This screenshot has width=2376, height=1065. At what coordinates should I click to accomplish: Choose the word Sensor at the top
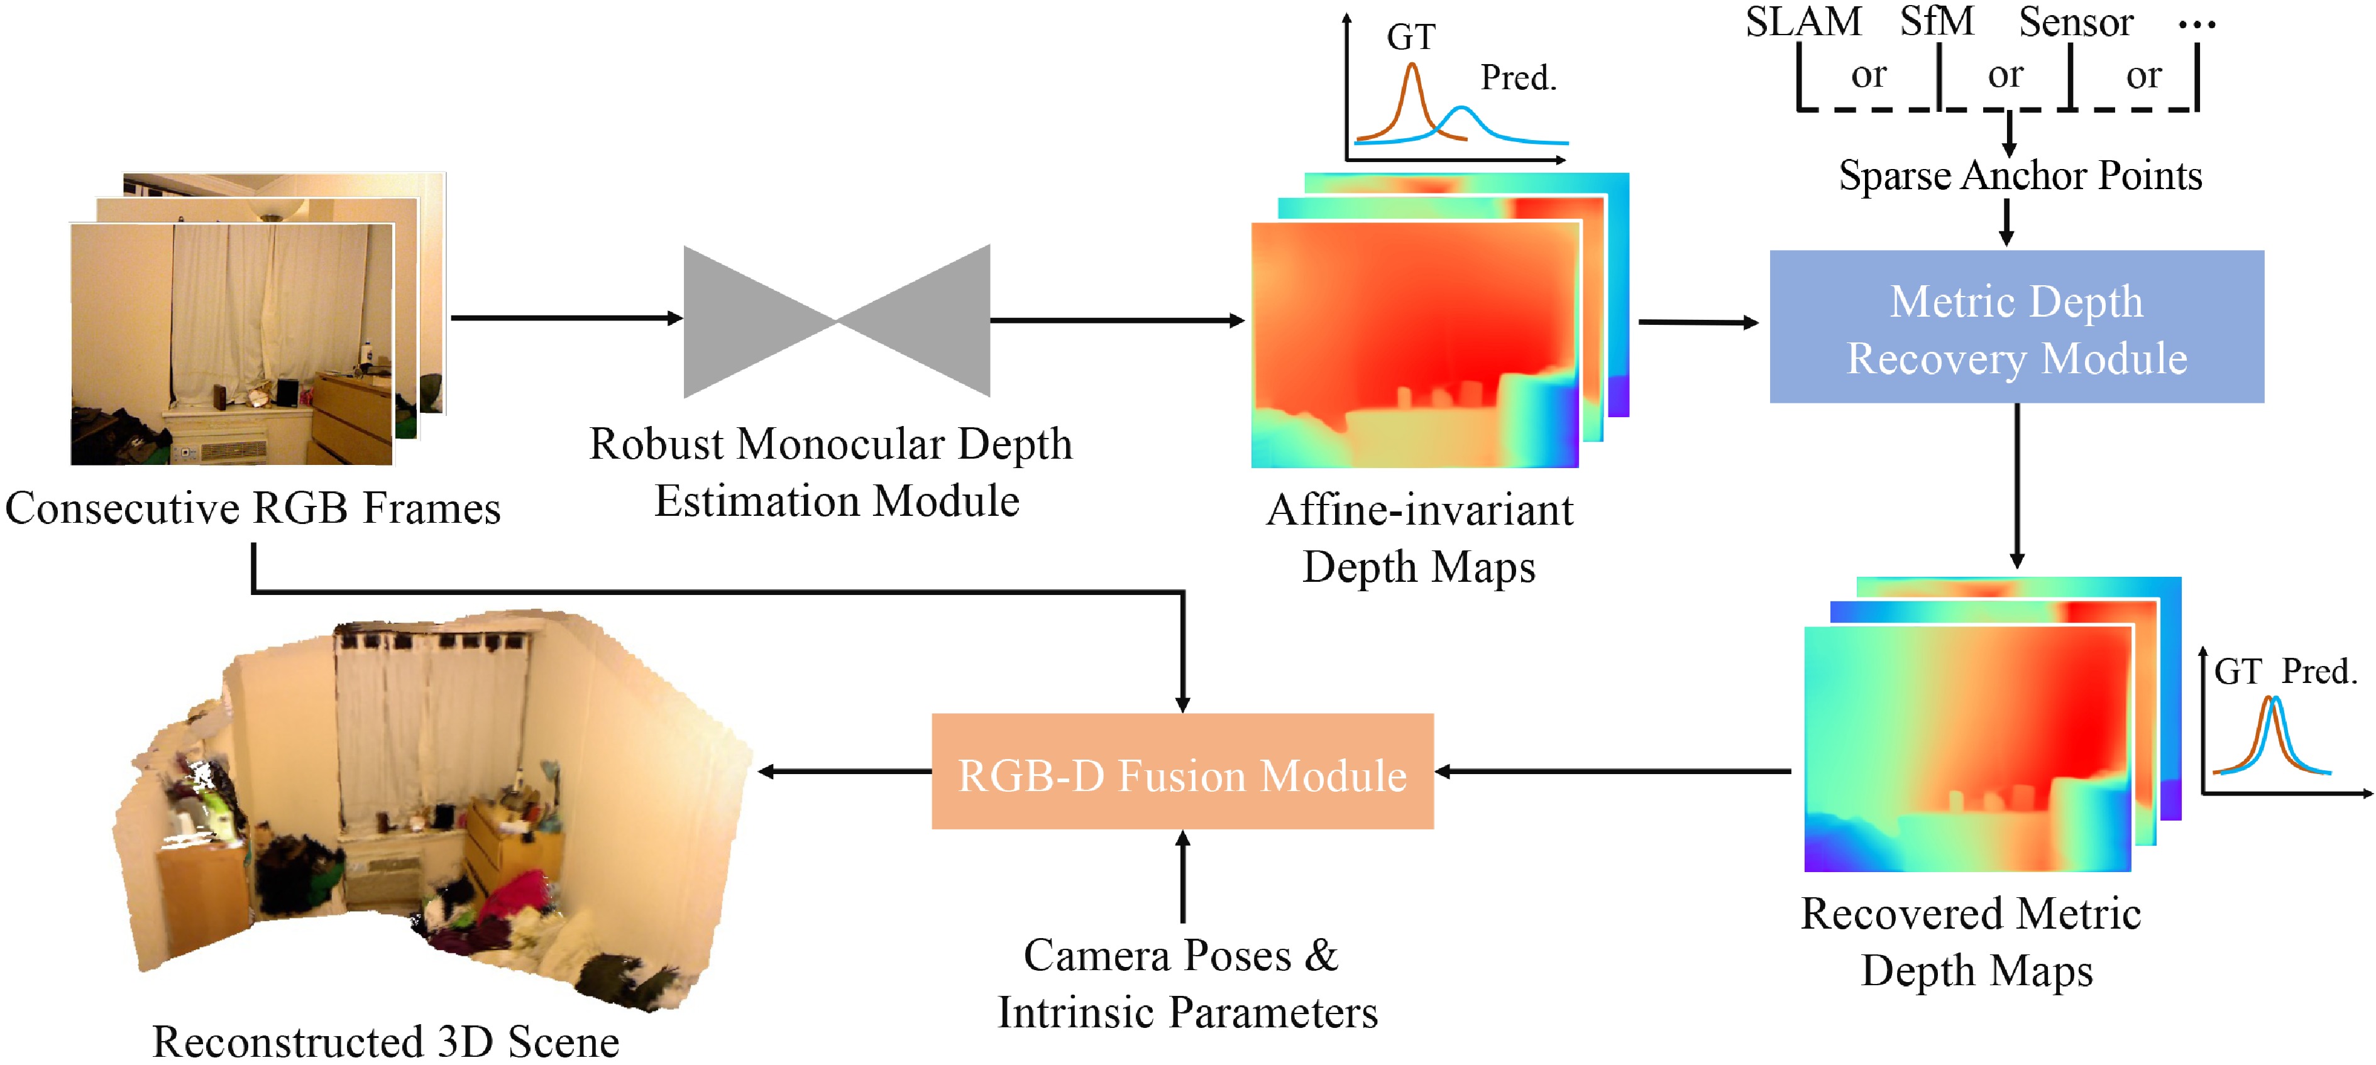tap(2076, 22)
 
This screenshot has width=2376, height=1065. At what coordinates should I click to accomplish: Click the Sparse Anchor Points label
tap(2020, 175)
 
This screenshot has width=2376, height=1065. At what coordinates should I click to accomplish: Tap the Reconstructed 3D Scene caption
tap(385, 1042)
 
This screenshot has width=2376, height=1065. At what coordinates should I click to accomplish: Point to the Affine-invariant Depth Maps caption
tap(1419, 538)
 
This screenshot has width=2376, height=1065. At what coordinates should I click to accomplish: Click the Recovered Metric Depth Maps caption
tap(1972, 941)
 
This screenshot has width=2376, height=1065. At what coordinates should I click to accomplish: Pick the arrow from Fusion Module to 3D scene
tap(844, 772)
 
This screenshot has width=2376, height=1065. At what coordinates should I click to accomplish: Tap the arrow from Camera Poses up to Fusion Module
tap(1182, 876)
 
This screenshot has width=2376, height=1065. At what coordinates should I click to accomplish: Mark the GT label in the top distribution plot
tap(1411, 38)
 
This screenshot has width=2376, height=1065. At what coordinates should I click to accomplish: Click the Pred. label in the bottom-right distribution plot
tap(2319, 671)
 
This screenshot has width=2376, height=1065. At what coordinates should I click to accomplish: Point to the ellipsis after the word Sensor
tap(2196, 25)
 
